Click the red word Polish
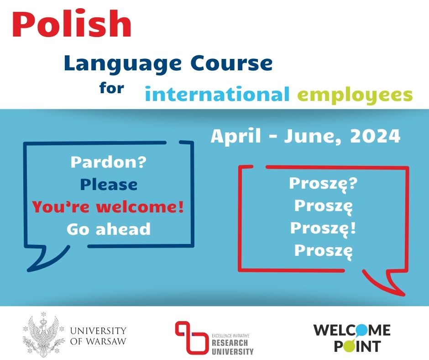(72, 24)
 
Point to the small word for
(112, 88)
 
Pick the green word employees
(355, 95)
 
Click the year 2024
(375, 136)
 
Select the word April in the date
(236, 136)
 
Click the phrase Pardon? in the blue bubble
(109, 162)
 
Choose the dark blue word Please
(109, 184)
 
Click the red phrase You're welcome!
(108, 206)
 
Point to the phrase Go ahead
(109, 229)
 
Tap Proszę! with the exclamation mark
(324, 228)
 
